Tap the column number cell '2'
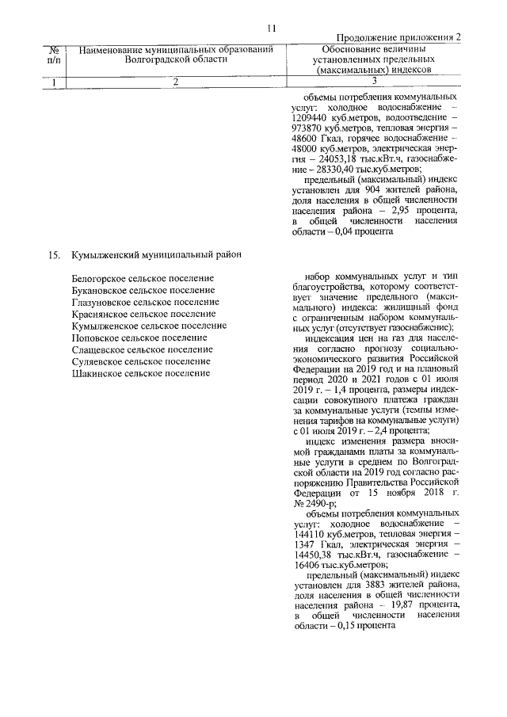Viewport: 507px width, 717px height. click(176, 81)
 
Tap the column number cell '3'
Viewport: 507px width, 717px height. click(373, 81)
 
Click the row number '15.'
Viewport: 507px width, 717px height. click(53, 255)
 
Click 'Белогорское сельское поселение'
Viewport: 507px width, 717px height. click(143, 278)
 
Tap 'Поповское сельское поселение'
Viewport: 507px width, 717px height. click(140, 338)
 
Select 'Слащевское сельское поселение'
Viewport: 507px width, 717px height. click(142, 349)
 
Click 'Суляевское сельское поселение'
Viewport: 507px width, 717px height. click(141, 361)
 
